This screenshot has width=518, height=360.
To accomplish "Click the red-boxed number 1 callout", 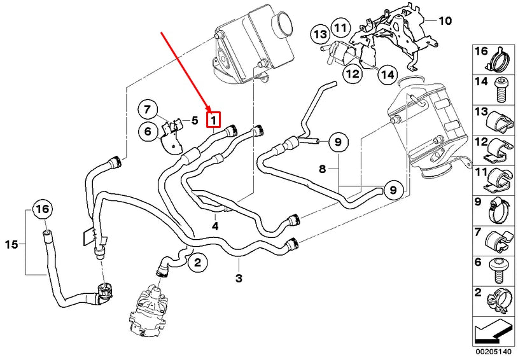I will [214, 118].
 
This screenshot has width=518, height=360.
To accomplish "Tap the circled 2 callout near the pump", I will [197, 261].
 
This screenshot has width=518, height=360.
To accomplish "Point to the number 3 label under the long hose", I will [239, 278].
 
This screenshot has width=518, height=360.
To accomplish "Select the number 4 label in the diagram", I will [215, 226].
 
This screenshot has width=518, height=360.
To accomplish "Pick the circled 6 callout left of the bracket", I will [147, 132].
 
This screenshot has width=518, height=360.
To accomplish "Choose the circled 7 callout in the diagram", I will [147, 109].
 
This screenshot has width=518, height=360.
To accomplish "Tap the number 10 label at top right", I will [444, 21].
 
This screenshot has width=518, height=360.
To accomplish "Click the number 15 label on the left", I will [10, 243].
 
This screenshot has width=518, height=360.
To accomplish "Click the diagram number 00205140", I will [494, 350].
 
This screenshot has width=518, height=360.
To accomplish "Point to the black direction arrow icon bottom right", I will [494, 330].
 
